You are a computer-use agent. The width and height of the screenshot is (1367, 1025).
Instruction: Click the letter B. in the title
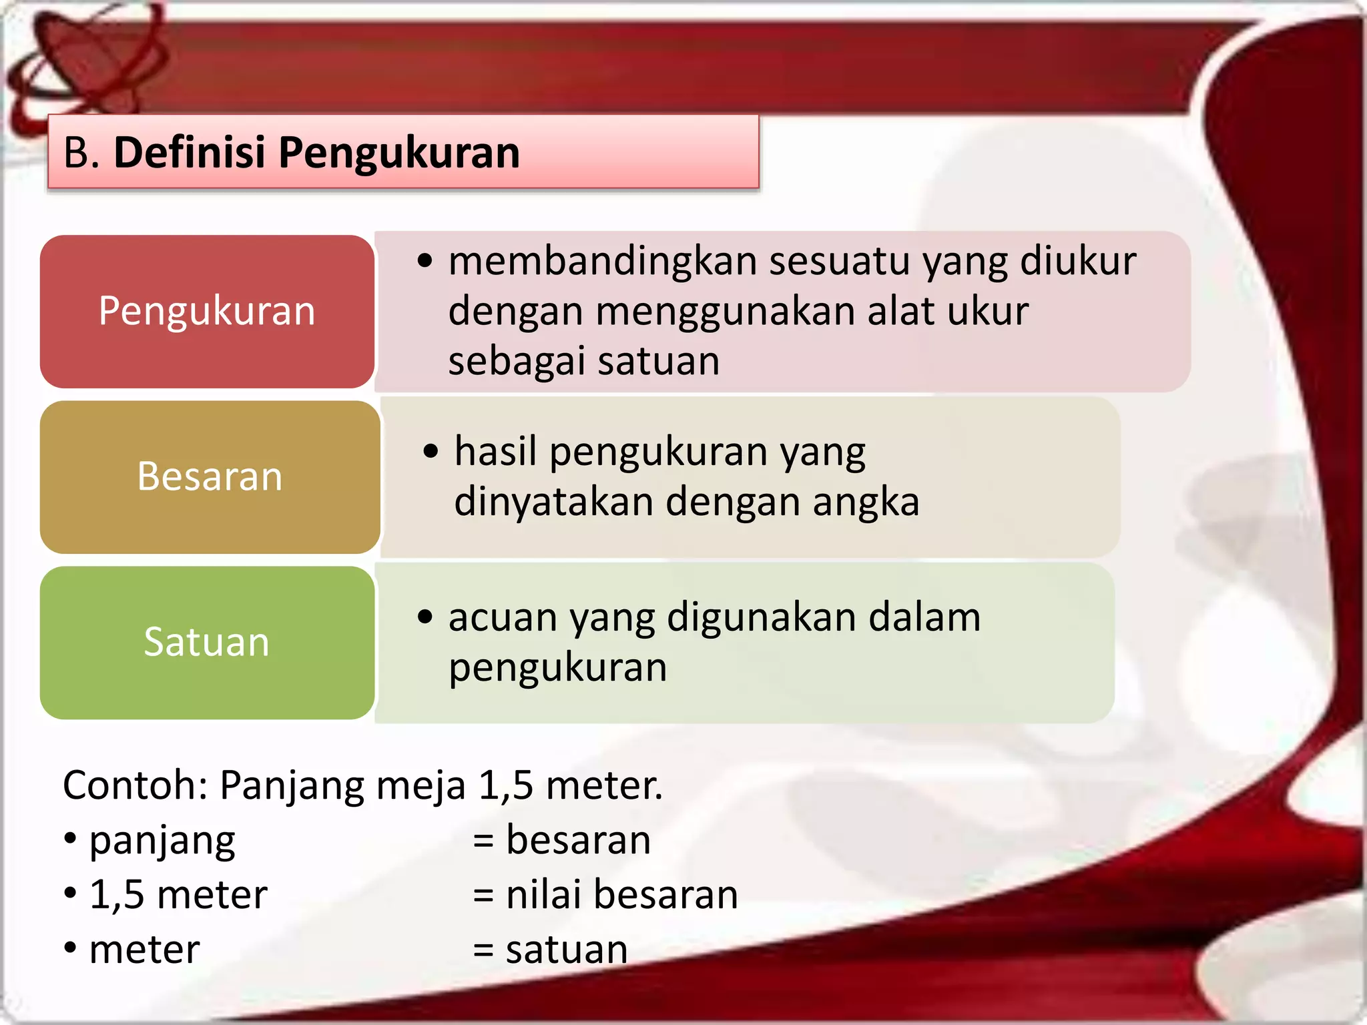(81, 152)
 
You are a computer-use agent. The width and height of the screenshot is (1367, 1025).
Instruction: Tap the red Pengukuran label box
(207, 311)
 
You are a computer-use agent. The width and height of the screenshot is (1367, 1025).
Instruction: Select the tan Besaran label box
(210, 476)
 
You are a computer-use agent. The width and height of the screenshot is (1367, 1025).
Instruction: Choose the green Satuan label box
(207, 642)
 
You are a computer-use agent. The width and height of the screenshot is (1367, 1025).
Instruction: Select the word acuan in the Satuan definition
(502, 617)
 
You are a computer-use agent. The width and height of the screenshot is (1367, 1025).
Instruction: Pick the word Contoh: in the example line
(135, 785)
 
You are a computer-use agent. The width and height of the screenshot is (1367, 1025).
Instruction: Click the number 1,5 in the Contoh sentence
(505, 785)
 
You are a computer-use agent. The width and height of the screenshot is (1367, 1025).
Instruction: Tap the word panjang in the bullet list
(162, 841)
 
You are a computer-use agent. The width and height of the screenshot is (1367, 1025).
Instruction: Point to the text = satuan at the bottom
(550, 950)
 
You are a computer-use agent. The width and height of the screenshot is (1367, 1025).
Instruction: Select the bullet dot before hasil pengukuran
(431, 451)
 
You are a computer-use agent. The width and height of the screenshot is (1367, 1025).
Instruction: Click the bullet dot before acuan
(425, 617)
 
